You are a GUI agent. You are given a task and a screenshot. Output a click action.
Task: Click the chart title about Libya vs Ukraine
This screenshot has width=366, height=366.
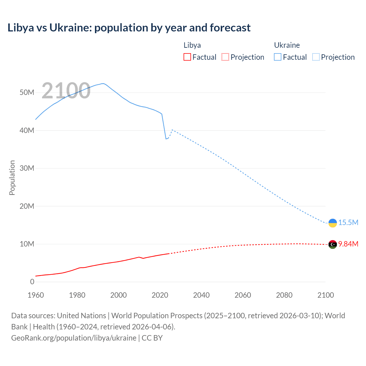click(129, 28)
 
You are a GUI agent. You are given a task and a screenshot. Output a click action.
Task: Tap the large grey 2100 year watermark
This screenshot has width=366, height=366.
click(66, 91)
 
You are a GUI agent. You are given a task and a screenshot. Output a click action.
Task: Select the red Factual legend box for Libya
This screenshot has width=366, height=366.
click(187, 57)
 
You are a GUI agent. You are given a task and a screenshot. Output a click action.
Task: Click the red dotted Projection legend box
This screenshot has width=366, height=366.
click(225, 57)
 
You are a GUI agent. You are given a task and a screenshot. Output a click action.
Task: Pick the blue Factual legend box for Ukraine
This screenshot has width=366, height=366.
click(277, 57)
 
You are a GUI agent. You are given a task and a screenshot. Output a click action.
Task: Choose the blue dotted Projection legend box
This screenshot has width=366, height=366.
click(316, 57)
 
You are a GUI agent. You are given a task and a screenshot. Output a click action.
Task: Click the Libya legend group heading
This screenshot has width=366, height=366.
click(192, 45)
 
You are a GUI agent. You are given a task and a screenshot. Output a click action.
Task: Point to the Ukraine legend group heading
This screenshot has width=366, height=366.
click(287, 45)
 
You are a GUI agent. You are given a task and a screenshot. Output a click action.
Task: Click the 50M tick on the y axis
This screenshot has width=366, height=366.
click(27, 92)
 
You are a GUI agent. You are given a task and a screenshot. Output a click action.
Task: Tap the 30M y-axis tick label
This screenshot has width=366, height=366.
click(27, 168)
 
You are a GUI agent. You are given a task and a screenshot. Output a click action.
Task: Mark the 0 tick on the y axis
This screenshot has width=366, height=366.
click(32, 282)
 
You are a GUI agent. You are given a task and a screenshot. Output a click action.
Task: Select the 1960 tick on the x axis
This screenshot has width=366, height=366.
click(36, 295)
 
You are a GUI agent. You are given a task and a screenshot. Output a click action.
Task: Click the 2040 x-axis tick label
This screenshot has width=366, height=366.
click(201, 295)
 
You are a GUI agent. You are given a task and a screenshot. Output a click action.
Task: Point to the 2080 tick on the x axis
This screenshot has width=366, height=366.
click(284, 295)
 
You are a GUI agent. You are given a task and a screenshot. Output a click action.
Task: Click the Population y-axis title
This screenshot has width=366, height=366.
click(12, 178)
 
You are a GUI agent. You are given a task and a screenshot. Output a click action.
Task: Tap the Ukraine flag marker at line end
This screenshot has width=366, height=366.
click(333, 223)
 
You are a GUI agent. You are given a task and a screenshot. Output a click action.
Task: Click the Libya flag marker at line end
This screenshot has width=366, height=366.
click(333, 244)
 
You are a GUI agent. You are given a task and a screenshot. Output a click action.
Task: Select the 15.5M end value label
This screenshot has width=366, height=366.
click(348, 222)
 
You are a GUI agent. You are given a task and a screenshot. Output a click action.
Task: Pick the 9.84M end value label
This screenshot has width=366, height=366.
click(348, 244)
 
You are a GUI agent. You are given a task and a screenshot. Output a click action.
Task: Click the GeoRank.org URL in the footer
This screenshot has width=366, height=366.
click(74, 338)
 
